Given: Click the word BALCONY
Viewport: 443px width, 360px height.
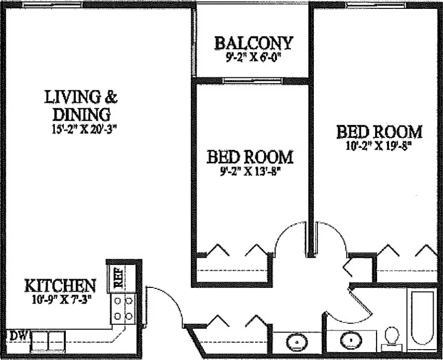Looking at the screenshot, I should [x=254, y=43].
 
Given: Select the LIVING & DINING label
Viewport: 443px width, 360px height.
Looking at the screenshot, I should [x=80, y=105].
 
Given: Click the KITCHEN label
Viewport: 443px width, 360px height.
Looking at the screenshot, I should [x=61, y=285].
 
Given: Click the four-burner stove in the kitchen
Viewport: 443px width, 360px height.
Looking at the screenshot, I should [x=123, y=308].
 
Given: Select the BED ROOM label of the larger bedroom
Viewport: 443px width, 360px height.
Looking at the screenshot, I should [x=379, y=132].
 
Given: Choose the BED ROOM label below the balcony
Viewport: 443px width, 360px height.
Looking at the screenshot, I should [x=250, y=156].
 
